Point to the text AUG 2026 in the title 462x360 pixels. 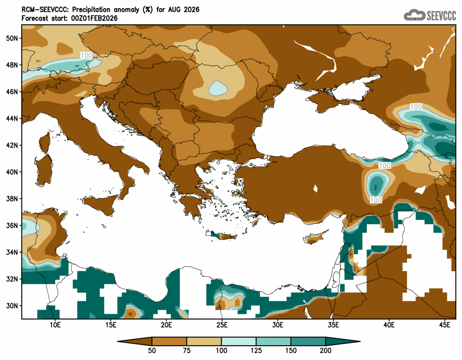tap(186, 9)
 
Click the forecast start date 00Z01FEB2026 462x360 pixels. tap(92, 18)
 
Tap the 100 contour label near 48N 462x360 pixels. tap(86, 55)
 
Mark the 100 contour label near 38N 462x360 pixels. tap(376, 200)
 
